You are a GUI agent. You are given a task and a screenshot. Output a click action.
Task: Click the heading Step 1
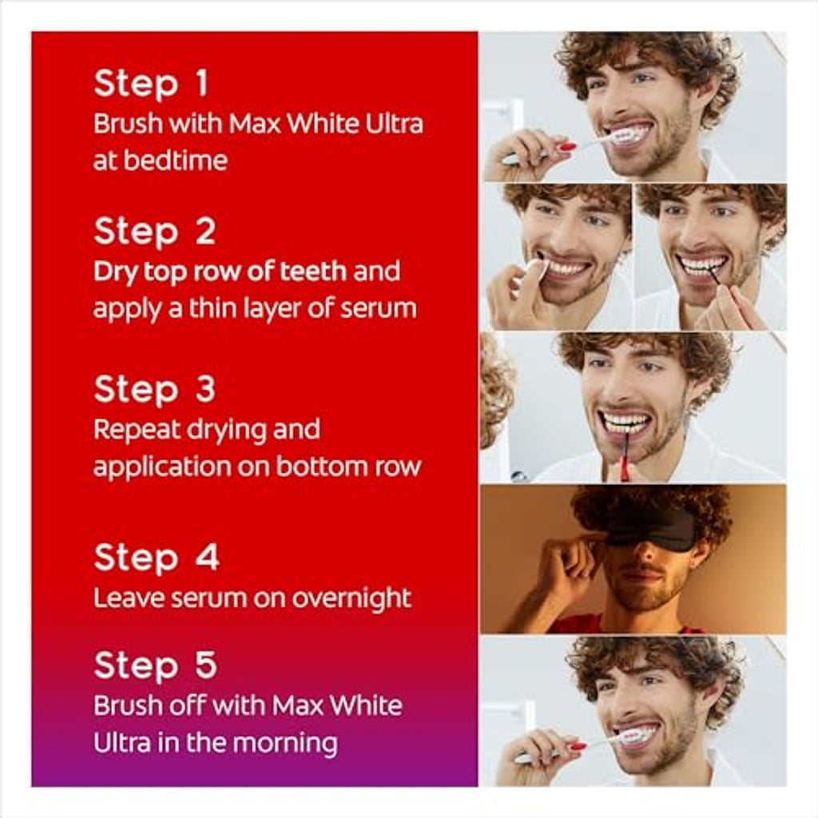[151, 83]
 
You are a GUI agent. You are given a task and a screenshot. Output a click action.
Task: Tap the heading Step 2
[154, 231]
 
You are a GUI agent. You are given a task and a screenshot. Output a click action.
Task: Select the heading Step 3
[154, 389]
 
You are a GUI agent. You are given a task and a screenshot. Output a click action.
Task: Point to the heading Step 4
[157, 557]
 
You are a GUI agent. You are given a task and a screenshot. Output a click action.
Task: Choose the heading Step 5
[156, 665]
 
